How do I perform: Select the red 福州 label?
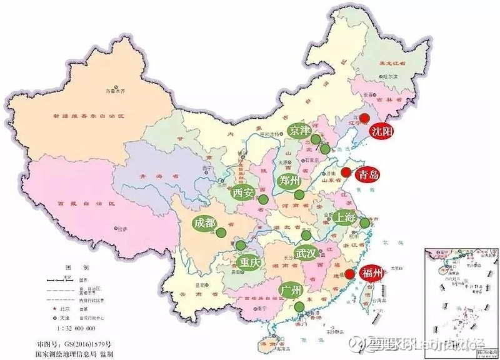click(373, 271)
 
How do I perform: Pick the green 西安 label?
click(244, 193)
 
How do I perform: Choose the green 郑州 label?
click(289, 182)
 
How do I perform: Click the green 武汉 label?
click(306, 253)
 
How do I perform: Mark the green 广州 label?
click(292, 291)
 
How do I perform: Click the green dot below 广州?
click(301, 306)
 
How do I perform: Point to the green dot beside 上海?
click(365, 222)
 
